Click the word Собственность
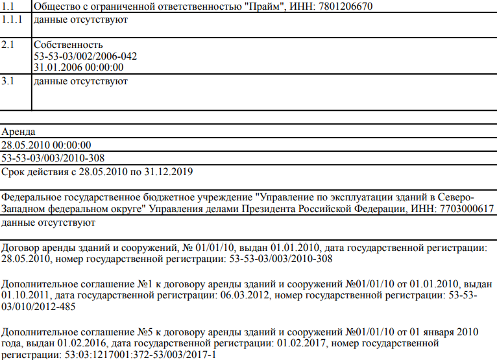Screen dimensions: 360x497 click(x=68, y=45)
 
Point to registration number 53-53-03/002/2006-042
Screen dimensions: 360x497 click(x=85, y=56)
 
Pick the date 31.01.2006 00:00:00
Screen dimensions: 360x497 click(x=79, y=67)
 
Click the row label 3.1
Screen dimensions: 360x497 click(x=7, y=81)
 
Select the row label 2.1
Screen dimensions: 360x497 click(x=7, y=45)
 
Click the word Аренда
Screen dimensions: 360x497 click(x=18, y=132)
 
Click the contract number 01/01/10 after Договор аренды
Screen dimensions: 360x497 click(x=218, y=248)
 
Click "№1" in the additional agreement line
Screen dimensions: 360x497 click(x=143, y=284)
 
